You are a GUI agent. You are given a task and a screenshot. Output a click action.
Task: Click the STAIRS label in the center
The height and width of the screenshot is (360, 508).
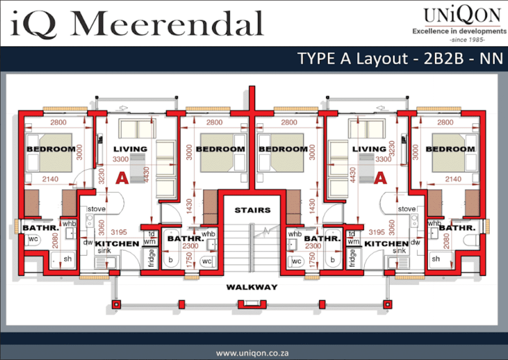(x=252, y=210)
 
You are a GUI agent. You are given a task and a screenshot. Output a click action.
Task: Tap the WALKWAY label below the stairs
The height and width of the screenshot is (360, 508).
(x=252, y=287)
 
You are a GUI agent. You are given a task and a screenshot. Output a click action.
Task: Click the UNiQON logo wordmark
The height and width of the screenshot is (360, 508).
(x=462, y=15)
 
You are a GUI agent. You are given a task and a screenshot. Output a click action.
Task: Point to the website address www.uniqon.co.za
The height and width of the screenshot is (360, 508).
(x=252, y=353)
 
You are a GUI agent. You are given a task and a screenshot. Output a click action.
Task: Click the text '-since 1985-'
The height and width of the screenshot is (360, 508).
(x=467, y=40)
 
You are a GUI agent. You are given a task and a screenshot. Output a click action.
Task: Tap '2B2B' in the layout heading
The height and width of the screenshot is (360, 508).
(x=443, y=59)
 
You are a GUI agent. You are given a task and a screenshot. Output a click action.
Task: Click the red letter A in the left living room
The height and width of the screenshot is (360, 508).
(x=122, y=178)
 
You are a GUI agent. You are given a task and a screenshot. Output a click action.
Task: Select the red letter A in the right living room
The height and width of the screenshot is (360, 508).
(x=380, y=178)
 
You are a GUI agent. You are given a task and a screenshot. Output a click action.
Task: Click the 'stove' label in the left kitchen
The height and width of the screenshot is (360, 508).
(x=96, y=209)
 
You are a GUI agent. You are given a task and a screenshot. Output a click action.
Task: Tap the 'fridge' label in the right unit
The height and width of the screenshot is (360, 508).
(x=353, y=258)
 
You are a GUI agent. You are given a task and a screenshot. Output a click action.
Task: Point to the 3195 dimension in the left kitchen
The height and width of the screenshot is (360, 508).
(x=119, y=232)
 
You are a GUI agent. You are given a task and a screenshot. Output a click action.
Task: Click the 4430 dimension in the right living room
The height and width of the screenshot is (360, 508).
(x=353, y=175)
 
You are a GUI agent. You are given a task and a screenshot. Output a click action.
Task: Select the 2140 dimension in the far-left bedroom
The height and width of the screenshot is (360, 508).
(x=50, y=179)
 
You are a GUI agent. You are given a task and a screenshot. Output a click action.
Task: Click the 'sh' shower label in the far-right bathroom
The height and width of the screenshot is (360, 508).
(x=436, y=259)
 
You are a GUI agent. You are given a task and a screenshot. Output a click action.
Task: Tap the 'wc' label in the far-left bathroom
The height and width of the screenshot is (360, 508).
(x=33, y=239)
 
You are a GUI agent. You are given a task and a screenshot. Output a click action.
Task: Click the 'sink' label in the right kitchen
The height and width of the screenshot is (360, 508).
(x=399, y=251)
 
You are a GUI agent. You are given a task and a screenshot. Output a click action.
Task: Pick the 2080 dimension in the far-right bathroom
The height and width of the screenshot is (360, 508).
(x=446, y=241)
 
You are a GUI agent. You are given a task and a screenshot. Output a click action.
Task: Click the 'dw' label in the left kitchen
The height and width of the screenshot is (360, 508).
(x=88, y=242)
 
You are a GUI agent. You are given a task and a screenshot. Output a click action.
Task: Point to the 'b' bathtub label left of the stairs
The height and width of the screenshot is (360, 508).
(x=170, y=260)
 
